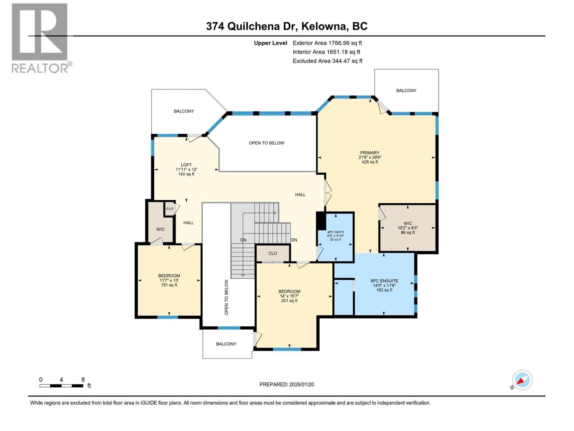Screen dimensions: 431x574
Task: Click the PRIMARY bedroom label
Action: click(x=370, y=153)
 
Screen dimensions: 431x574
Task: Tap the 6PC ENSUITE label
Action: click(x=384, y=281)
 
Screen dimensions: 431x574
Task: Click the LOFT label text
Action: click(x=186, y=165)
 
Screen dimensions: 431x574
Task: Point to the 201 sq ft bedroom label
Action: click(x=289, y=296)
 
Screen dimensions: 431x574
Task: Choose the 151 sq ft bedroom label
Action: click(x=169, y=280)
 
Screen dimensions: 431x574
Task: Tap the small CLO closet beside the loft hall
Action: click(x=169, y=209)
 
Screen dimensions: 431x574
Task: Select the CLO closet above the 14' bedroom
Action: click(x=273, y=253)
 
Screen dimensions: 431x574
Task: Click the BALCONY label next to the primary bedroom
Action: click(x=406, y=91)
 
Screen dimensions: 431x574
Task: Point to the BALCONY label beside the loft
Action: click(x=184, y=111)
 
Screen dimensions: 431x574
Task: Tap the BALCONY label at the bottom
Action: click(x=226, y=344)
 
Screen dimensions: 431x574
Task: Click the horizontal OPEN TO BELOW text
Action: click(x=266, y=143)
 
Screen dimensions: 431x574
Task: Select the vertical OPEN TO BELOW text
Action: click(x=226, y=297)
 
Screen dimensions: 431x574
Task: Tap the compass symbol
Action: click(x=522, y=380)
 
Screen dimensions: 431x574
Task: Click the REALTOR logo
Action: click(x=40, y=38)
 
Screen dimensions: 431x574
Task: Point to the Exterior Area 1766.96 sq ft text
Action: click(x=327, y=43)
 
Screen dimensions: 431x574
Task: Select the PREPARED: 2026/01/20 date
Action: click(x=287, y=384)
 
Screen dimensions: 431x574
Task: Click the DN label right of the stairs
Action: click(x=294, y=240)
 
